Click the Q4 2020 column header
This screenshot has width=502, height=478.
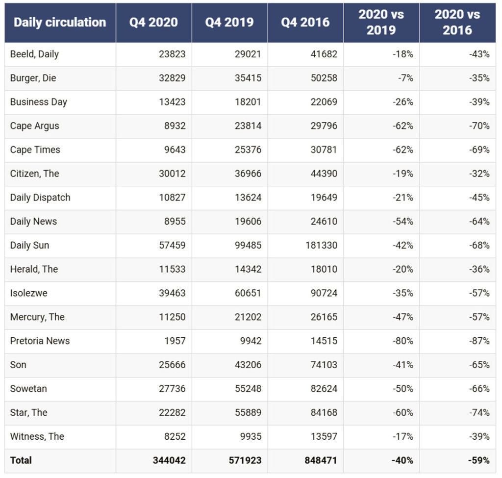pyautogui.click(x=153, y=22)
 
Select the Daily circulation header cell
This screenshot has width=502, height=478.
pyautogui.click(x=60, y=22)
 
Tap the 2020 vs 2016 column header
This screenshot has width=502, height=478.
pyautogui.click(x=457, y=22)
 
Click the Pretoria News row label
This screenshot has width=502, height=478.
pyautogui.click(x=40, y=341)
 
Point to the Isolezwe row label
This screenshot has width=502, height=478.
pyautogui.click(x=29, y=293)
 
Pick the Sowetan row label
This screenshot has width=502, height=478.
pyautogui.click(x=28, y=388)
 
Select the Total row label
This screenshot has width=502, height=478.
pyautogui.click(x=21, y=460)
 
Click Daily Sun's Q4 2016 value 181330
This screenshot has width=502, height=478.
pyautogui.click(x=321, y=245)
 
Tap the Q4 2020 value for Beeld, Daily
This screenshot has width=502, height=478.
pyautogui.click(x=172, y=54)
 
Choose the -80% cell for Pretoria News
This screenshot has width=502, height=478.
pyautogui.click(x=403, y=341)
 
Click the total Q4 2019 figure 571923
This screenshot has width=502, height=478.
pyautogui.click(x=245, y=460)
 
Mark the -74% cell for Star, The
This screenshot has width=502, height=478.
pyautogui.click(x=479, y=412)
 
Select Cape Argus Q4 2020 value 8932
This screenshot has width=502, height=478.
pyautogui.click(x=175, y=126)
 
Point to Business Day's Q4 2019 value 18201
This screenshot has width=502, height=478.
pyautogui.click(x=248, y=102)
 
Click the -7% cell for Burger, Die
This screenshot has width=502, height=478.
pyautogui.click(x=405, y=78)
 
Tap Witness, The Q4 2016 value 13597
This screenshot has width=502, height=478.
pyautogui.click(x=324, y=436)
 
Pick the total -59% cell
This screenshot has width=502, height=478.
pyautogui.click(x=478, y=460)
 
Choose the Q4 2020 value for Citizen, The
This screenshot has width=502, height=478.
pyautogui.click(x=172, y=174)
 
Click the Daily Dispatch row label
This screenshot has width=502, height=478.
pyautogui.click(x=40, y=198)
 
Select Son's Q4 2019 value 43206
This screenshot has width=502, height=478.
pyautogui.click(x=248, y=365)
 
